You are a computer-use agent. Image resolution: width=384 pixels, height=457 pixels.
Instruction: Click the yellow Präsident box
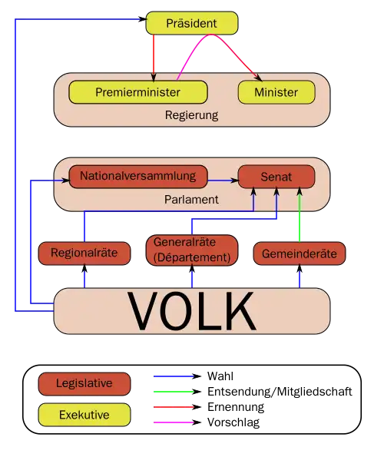192,24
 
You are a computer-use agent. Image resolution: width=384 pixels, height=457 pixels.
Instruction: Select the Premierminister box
138,92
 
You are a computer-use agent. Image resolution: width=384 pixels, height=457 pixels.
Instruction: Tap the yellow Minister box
277,92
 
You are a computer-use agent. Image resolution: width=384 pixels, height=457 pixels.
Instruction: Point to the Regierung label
191,116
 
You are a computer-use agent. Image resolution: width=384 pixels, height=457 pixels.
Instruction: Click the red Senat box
276,177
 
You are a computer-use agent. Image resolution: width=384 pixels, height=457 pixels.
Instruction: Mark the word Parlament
191,199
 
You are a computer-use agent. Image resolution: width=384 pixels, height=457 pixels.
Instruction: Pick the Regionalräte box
84,253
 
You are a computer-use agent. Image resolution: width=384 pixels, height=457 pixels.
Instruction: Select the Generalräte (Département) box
192,250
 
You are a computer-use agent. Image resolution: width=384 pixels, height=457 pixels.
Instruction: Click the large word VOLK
192,311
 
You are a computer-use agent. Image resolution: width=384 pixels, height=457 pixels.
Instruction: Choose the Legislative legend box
84,383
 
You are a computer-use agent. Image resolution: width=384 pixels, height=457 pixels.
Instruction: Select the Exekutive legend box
84,416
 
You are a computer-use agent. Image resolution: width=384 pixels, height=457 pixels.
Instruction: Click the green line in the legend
174,389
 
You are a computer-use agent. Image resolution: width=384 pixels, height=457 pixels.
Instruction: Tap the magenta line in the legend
174,421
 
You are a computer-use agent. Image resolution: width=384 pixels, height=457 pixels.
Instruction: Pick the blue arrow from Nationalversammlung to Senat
223,180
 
